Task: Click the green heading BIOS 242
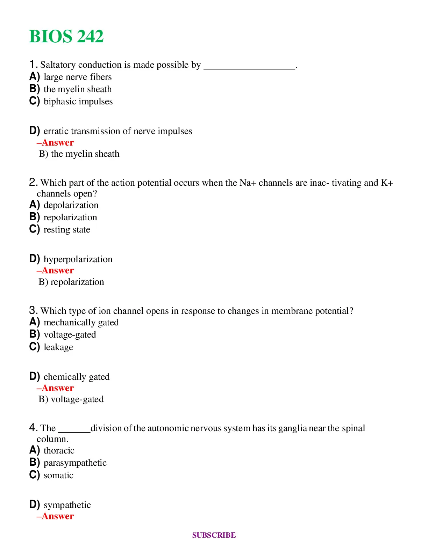pos(66,37)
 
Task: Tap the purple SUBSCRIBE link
pos(214,535)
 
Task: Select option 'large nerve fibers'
pos(77,77)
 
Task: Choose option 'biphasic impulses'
pos(78,102)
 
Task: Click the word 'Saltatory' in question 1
pos(58,65)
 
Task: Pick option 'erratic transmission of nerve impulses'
pos(117,131)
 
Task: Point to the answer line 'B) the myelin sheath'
pos(79,154)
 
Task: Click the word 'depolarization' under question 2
pos(71,205)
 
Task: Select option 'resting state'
pos(67,230)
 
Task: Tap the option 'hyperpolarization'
pos(78,259)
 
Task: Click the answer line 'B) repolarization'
pos(71,282)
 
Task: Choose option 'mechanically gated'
pos(81,323)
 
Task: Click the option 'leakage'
pos(58,347)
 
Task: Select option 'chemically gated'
pos(77,377)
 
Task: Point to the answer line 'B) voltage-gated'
pos(71,399)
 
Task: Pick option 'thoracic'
pos(59,451)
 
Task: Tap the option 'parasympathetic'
pos(75,463)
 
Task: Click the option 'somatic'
pos(58,475)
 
